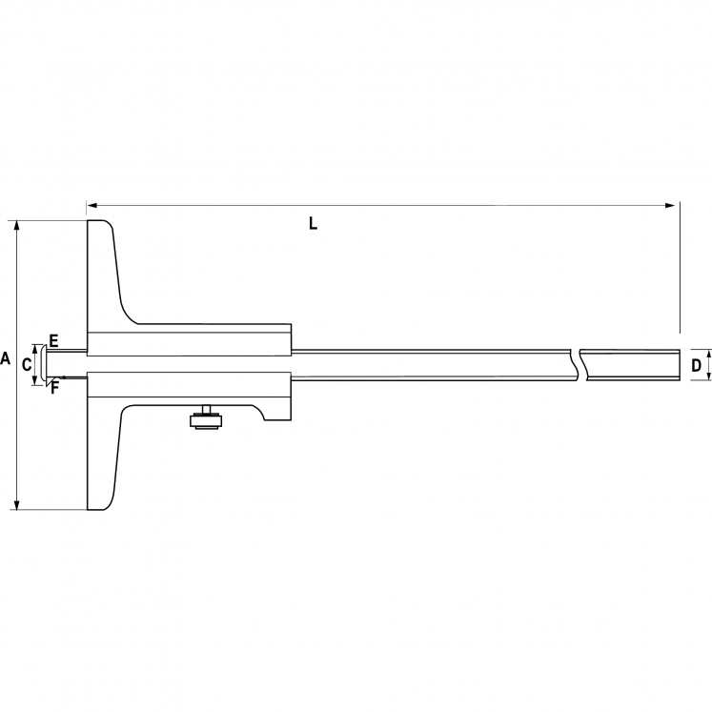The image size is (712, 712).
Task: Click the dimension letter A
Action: click(5, 360)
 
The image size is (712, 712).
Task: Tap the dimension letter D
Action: click(696, 365)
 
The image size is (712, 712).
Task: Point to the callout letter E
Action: click(53, 340)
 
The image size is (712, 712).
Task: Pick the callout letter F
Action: click(54, 386)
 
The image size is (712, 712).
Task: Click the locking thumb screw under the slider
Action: click(203, 418)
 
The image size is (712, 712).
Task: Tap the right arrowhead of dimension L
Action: click(671, 204)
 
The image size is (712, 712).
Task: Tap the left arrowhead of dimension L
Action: click(92, 204)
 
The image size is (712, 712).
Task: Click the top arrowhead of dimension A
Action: click(16, 226)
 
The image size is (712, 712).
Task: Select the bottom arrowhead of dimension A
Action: click(16, 504)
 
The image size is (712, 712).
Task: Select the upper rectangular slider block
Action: click(191, 341)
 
